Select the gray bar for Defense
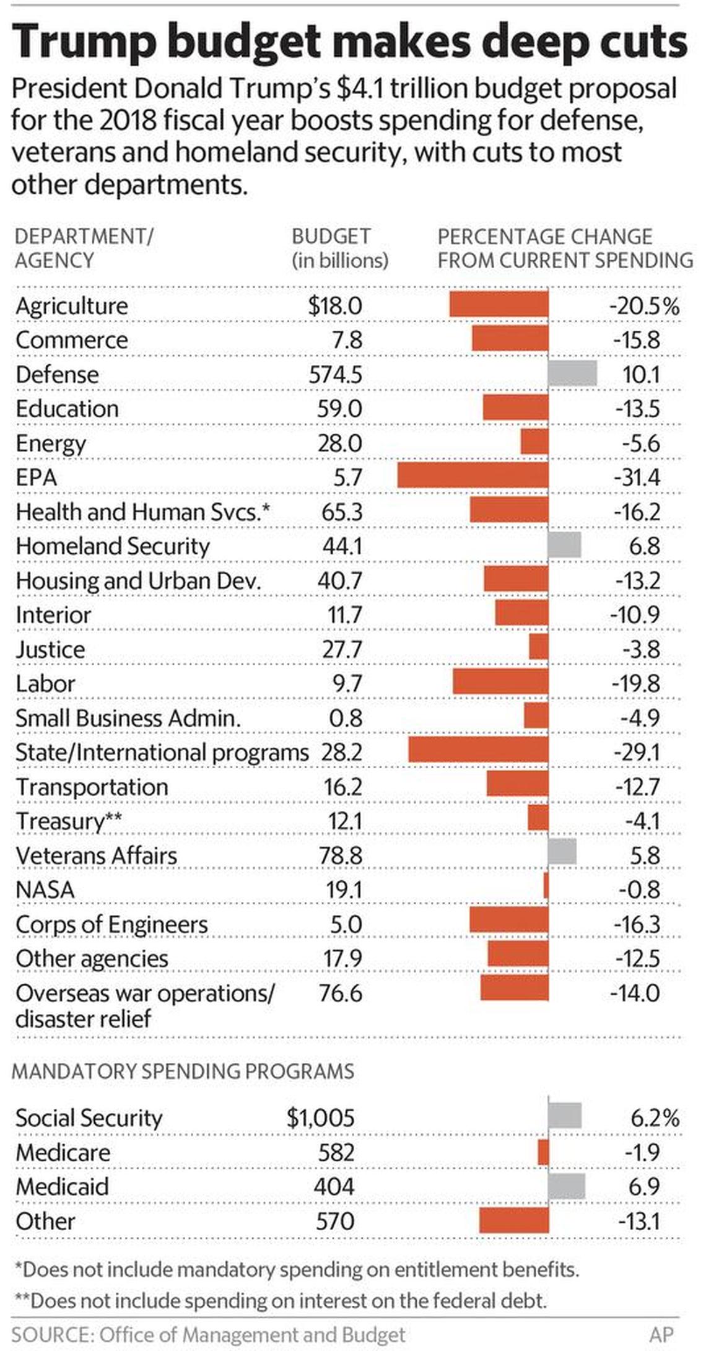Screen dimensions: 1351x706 [x=572, y=374]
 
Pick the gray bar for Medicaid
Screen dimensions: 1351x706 [x=566, y=1186]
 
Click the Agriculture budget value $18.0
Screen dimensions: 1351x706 [x=335, y=306]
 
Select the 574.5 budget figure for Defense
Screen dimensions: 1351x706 [x=335, y=375]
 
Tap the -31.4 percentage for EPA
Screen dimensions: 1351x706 [x=637, y=478]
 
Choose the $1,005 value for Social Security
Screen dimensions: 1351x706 [x=320, y=1118]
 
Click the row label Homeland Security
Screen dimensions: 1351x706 [x=113, y=546]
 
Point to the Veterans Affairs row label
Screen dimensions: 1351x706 [x=96, y=855]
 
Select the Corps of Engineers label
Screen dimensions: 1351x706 [x=111, y=924]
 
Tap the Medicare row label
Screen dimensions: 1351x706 [x=63, y=1152]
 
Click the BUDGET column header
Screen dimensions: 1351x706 [x=331, y=237]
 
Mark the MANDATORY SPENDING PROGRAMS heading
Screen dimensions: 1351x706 [x=183, y=1071]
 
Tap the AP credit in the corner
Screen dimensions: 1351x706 [x=661, y=1334]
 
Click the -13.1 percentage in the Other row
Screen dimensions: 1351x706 [x=638, y=1221]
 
